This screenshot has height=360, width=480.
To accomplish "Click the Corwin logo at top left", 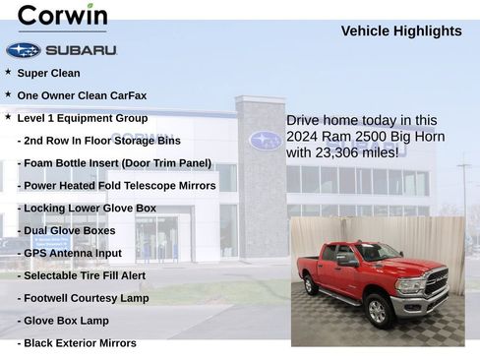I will pos(62,16).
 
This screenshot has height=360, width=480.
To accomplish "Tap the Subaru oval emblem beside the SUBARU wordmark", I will pos(23,50).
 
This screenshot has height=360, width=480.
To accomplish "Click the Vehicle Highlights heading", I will pos(400,31).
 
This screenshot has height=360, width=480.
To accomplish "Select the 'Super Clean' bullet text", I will pos(48,73).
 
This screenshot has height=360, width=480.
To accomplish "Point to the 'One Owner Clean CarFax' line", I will pos(82,95).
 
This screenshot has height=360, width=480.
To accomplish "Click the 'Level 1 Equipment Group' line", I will pos(83,118).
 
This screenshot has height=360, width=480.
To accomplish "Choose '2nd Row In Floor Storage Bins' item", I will pos(98,141).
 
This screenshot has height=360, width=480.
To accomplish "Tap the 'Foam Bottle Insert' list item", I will pos(114,163).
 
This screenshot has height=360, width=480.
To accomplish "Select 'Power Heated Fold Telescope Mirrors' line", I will pos(116,186).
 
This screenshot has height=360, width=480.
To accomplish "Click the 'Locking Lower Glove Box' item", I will pos(87,209).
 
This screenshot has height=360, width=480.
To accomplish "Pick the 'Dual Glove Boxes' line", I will pos(66,231).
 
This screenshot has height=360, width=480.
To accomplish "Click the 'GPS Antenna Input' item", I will pos(69,254).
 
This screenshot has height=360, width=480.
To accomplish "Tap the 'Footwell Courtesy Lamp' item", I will pos(83,299).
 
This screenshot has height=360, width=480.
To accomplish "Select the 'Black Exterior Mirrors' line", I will pos(77,343).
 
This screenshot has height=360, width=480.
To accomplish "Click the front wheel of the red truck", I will pos(377,312).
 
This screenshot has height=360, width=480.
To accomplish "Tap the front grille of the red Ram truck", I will pos(434,283).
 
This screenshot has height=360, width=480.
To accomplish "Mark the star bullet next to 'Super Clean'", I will pos(8,72).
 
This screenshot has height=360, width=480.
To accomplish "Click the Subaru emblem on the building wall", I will pos(265,140).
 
